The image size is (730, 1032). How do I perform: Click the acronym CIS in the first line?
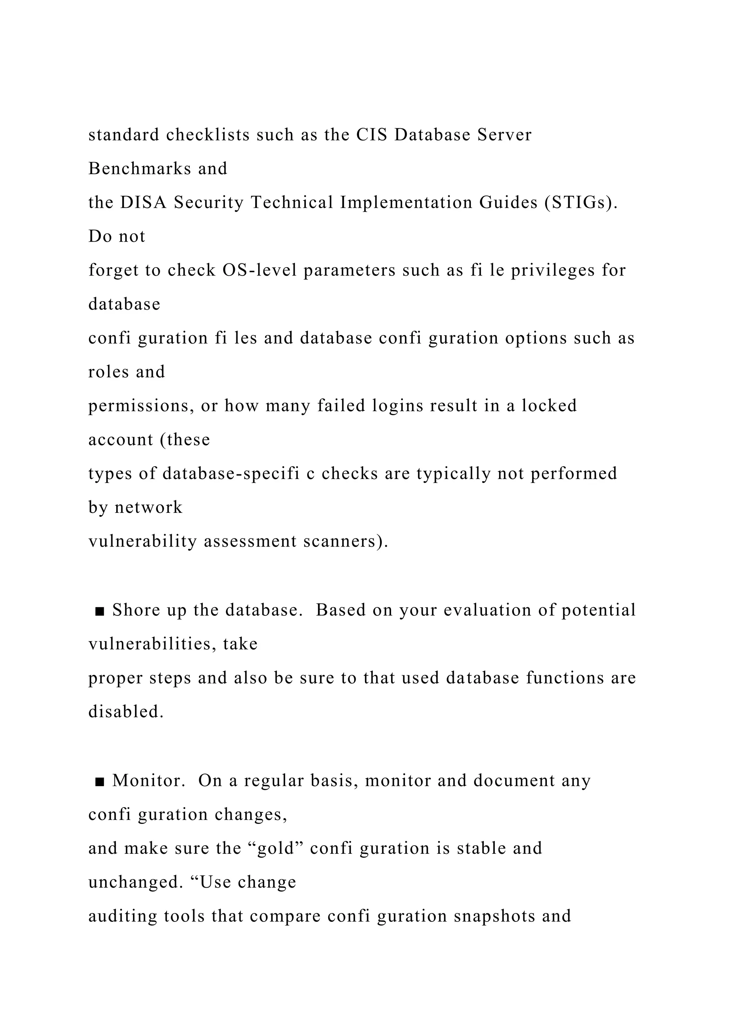(x=372, y=135)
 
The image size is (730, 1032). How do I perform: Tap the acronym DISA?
(x=143, y=203)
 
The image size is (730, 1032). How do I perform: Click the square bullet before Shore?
(x=100, y=611)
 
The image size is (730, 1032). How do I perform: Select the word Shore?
(x=136, y=610)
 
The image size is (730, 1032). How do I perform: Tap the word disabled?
(x=126, y=712)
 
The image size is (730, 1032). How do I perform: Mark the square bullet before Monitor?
(x=100, y=781)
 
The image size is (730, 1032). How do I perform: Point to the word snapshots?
(x=494, y=916)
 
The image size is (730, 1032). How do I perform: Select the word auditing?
(x=123, y=917)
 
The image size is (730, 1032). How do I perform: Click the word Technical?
(x=292, y=203)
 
